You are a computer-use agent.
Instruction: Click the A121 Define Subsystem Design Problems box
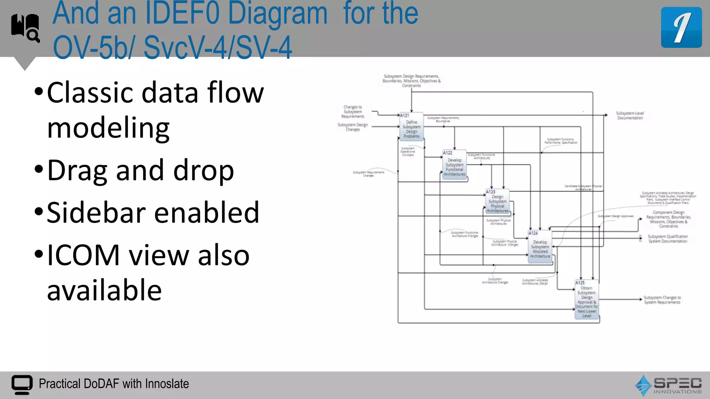[412, 127]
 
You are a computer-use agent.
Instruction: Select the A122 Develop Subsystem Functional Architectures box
[454, 165]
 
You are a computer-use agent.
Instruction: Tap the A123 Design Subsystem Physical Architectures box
[497, 202]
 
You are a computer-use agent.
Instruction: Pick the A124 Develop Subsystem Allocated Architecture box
[540, 247]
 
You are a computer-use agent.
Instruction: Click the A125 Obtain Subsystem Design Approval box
[587, 300]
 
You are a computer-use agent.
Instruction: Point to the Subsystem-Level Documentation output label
[630, 116]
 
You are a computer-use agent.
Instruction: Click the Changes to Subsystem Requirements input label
[353, 112]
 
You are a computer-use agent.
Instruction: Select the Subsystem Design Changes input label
[353, 127]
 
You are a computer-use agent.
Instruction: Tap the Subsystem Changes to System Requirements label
[662, 300]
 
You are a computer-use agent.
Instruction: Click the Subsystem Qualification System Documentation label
[668, 239]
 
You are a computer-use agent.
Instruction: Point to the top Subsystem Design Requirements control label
[412, 81]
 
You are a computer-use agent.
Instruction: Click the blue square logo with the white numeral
[681, 27]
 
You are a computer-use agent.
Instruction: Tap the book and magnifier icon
[26, 28]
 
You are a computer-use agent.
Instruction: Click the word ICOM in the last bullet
[84, 255]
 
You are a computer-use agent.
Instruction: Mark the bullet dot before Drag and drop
[39, 170]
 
